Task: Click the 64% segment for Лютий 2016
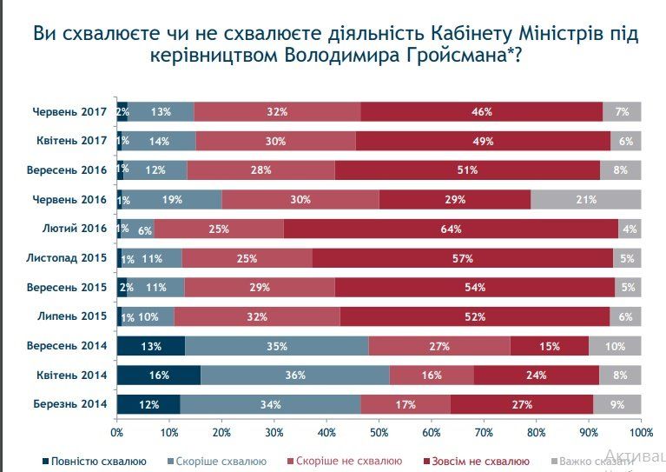[x=451, y=229]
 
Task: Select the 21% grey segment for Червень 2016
[x=585, y=200]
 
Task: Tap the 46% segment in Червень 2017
[x=482, y=111]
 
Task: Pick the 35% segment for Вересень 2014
[x=276, y=346]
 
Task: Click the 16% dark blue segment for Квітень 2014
[x=158, y=376]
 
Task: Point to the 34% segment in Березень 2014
[x=270, y=404]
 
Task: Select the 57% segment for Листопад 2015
[x=462, y=258]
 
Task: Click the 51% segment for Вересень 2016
[x=467, y=170]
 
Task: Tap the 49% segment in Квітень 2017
[x=483, y=141]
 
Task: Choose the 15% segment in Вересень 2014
[x=549, y=346]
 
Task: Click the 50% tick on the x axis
[x=379, y=431]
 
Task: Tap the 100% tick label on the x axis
[x=640, y=431]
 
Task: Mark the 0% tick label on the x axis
[x=117, y=431]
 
